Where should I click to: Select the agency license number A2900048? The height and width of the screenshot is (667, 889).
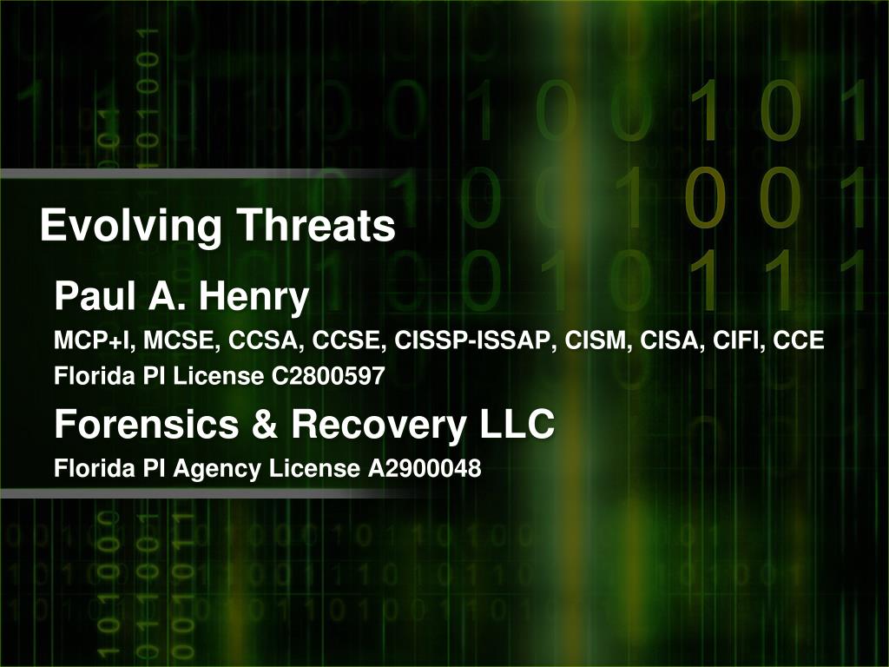pos(425,469)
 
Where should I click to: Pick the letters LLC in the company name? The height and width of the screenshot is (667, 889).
pos(517,425)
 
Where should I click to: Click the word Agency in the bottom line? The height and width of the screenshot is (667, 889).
pos(217,469)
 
